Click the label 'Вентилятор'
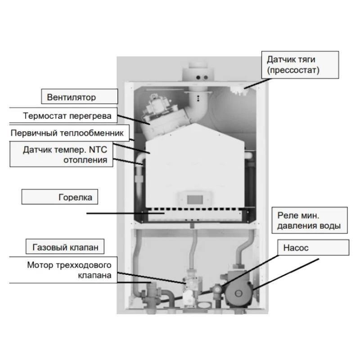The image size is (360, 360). pos(72,97)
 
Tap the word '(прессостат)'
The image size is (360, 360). pos(292,71)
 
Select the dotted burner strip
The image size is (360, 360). pos(193,210)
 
